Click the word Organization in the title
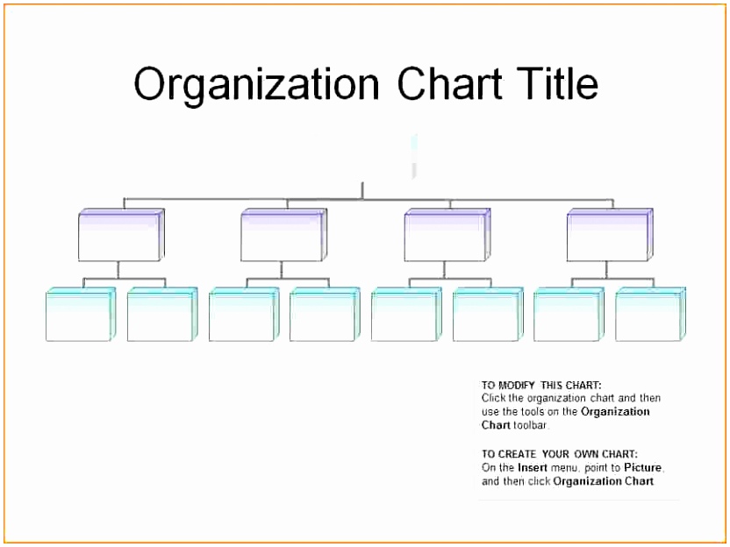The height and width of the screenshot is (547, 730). (x=256, y=85)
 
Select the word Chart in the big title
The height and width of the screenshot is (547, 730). (x=449, y=83)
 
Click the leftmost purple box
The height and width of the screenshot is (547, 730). (x=121, y=235)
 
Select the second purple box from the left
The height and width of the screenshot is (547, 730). (x=284, y=235)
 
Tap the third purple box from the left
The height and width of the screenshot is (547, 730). (x=447, y=235)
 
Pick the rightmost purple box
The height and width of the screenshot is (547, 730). (x=610, y=235)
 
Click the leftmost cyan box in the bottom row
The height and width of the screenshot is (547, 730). (x=81, y=315)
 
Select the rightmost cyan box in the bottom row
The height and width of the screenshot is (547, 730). (x=650, y=315)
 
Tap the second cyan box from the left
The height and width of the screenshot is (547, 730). (x=162, y=315)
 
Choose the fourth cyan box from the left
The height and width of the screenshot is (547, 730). (x=325, y=315)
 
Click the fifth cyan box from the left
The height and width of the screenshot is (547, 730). (x=406, y=315)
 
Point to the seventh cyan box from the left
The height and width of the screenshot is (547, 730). (x=569, y=315)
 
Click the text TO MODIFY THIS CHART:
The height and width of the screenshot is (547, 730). (x=541, y=385)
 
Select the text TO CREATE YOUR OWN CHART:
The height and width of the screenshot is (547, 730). (x=560, y=454)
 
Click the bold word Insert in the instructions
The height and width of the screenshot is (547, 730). (x=532, y=467)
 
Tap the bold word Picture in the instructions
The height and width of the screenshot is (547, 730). (x=642, y=467)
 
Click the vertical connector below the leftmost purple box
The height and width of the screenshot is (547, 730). (x=118, y=270)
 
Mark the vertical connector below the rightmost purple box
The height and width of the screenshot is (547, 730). (x=606, y=270)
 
